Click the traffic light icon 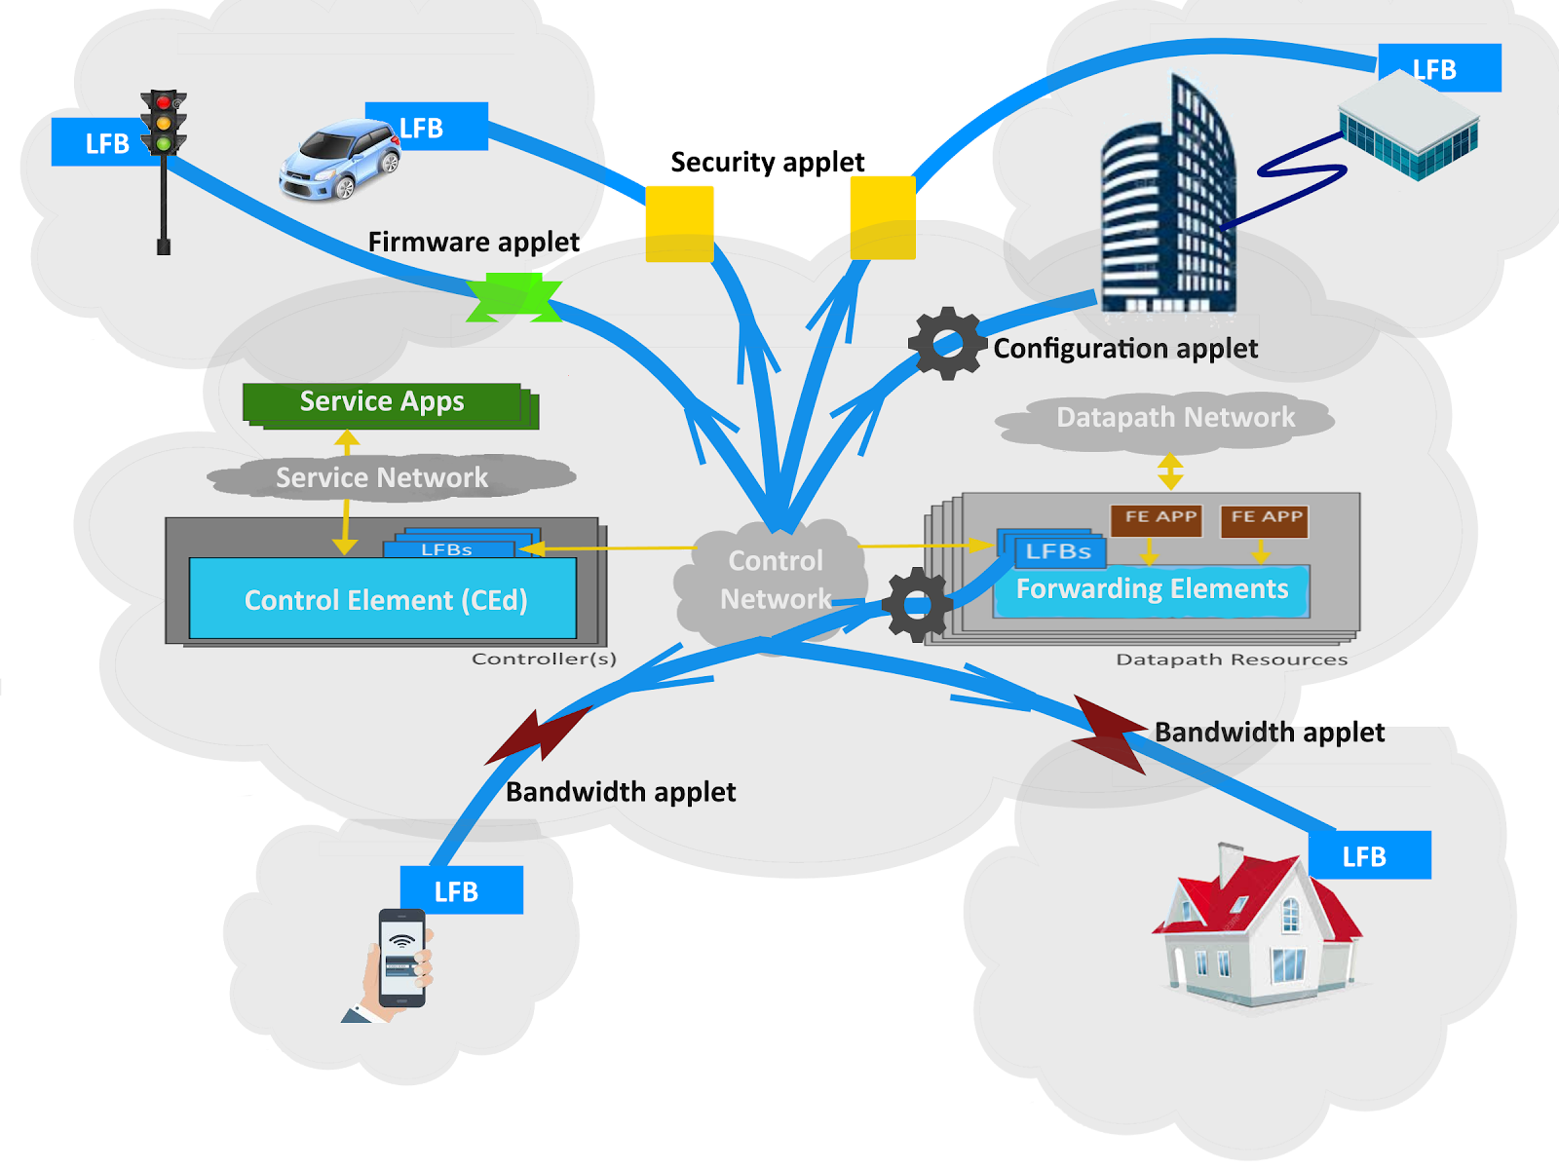pos(164,127)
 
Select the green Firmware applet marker pos(514,298)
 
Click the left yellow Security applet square pos(679,224)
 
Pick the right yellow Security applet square pos(883,218)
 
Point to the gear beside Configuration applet pos(946,344)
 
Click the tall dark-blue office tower pos(1168,205)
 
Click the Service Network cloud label pos(382,477)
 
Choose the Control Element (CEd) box pos(384,599)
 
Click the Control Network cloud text pos(776,580)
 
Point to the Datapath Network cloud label pos(1175,418)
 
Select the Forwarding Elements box pos(1152,589)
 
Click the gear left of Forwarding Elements pos(916,605)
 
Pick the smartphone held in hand pos(400,959)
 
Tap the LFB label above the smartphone pos(462,890)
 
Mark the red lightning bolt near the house pos(1111,733)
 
